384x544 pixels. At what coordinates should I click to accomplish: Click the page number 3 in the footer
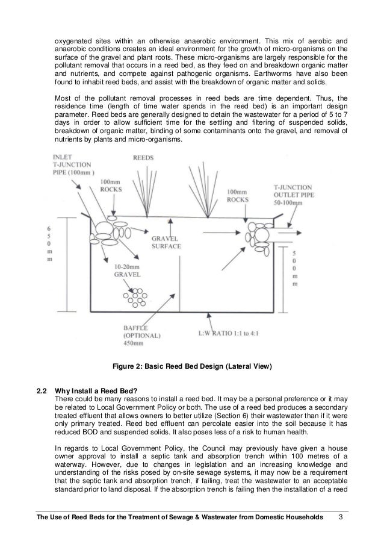point(341,518)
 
